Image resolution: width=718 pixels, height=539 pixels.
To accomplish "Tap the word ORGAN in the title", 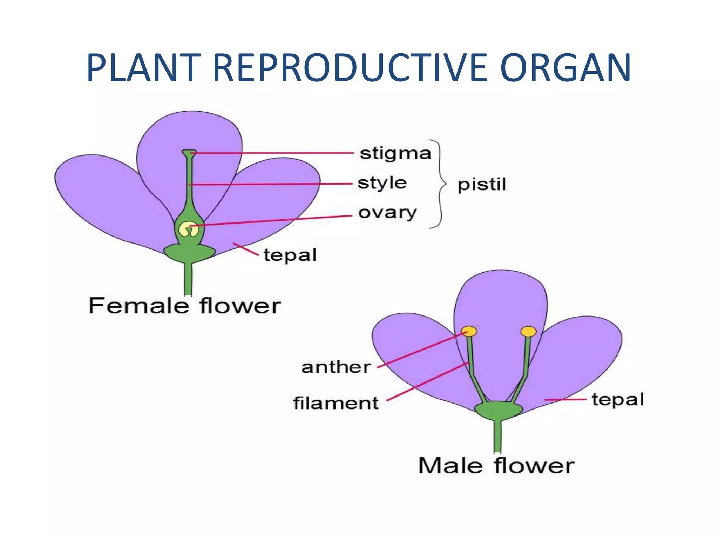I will point(565,68).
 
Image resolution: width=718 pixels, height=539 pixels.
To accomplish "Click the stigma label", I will point(395,154).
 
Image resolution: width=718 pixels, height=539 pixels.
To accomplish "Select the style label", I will point(382,183).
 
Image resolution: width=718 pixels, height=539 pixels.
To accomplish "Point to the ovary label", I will point(387,213).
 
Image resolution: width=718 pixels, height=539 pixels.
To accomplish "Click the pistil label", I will point(482,185).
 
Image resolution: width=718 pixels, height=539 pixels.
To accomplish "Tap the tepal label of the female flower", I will point(290,255).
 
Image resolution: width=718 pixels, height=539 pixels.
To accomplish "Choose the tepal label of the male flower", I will point(618,400).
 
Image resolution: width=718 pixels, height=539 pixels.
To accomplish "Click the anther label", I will point(336,367).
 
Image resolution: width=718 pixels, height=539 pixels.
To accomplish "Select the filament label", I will point(336,403).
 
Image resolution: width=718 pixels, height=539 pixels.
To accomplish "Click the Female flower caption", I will point(184,306).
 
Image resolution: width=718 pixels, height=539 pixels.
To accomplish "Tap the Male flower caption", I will point(496,466).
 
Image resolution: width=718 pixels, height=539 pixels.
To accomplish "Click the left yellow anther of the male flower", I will point(469,331).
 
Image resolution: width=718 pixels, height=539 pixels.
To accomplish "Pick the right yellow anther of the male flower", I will point(528,331).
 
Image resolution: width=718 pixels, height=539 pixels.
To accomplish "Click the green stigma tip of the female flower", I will point(189,153).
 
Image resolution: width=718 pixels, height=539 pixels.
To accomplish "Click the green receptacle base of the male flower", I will point(498,410).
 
